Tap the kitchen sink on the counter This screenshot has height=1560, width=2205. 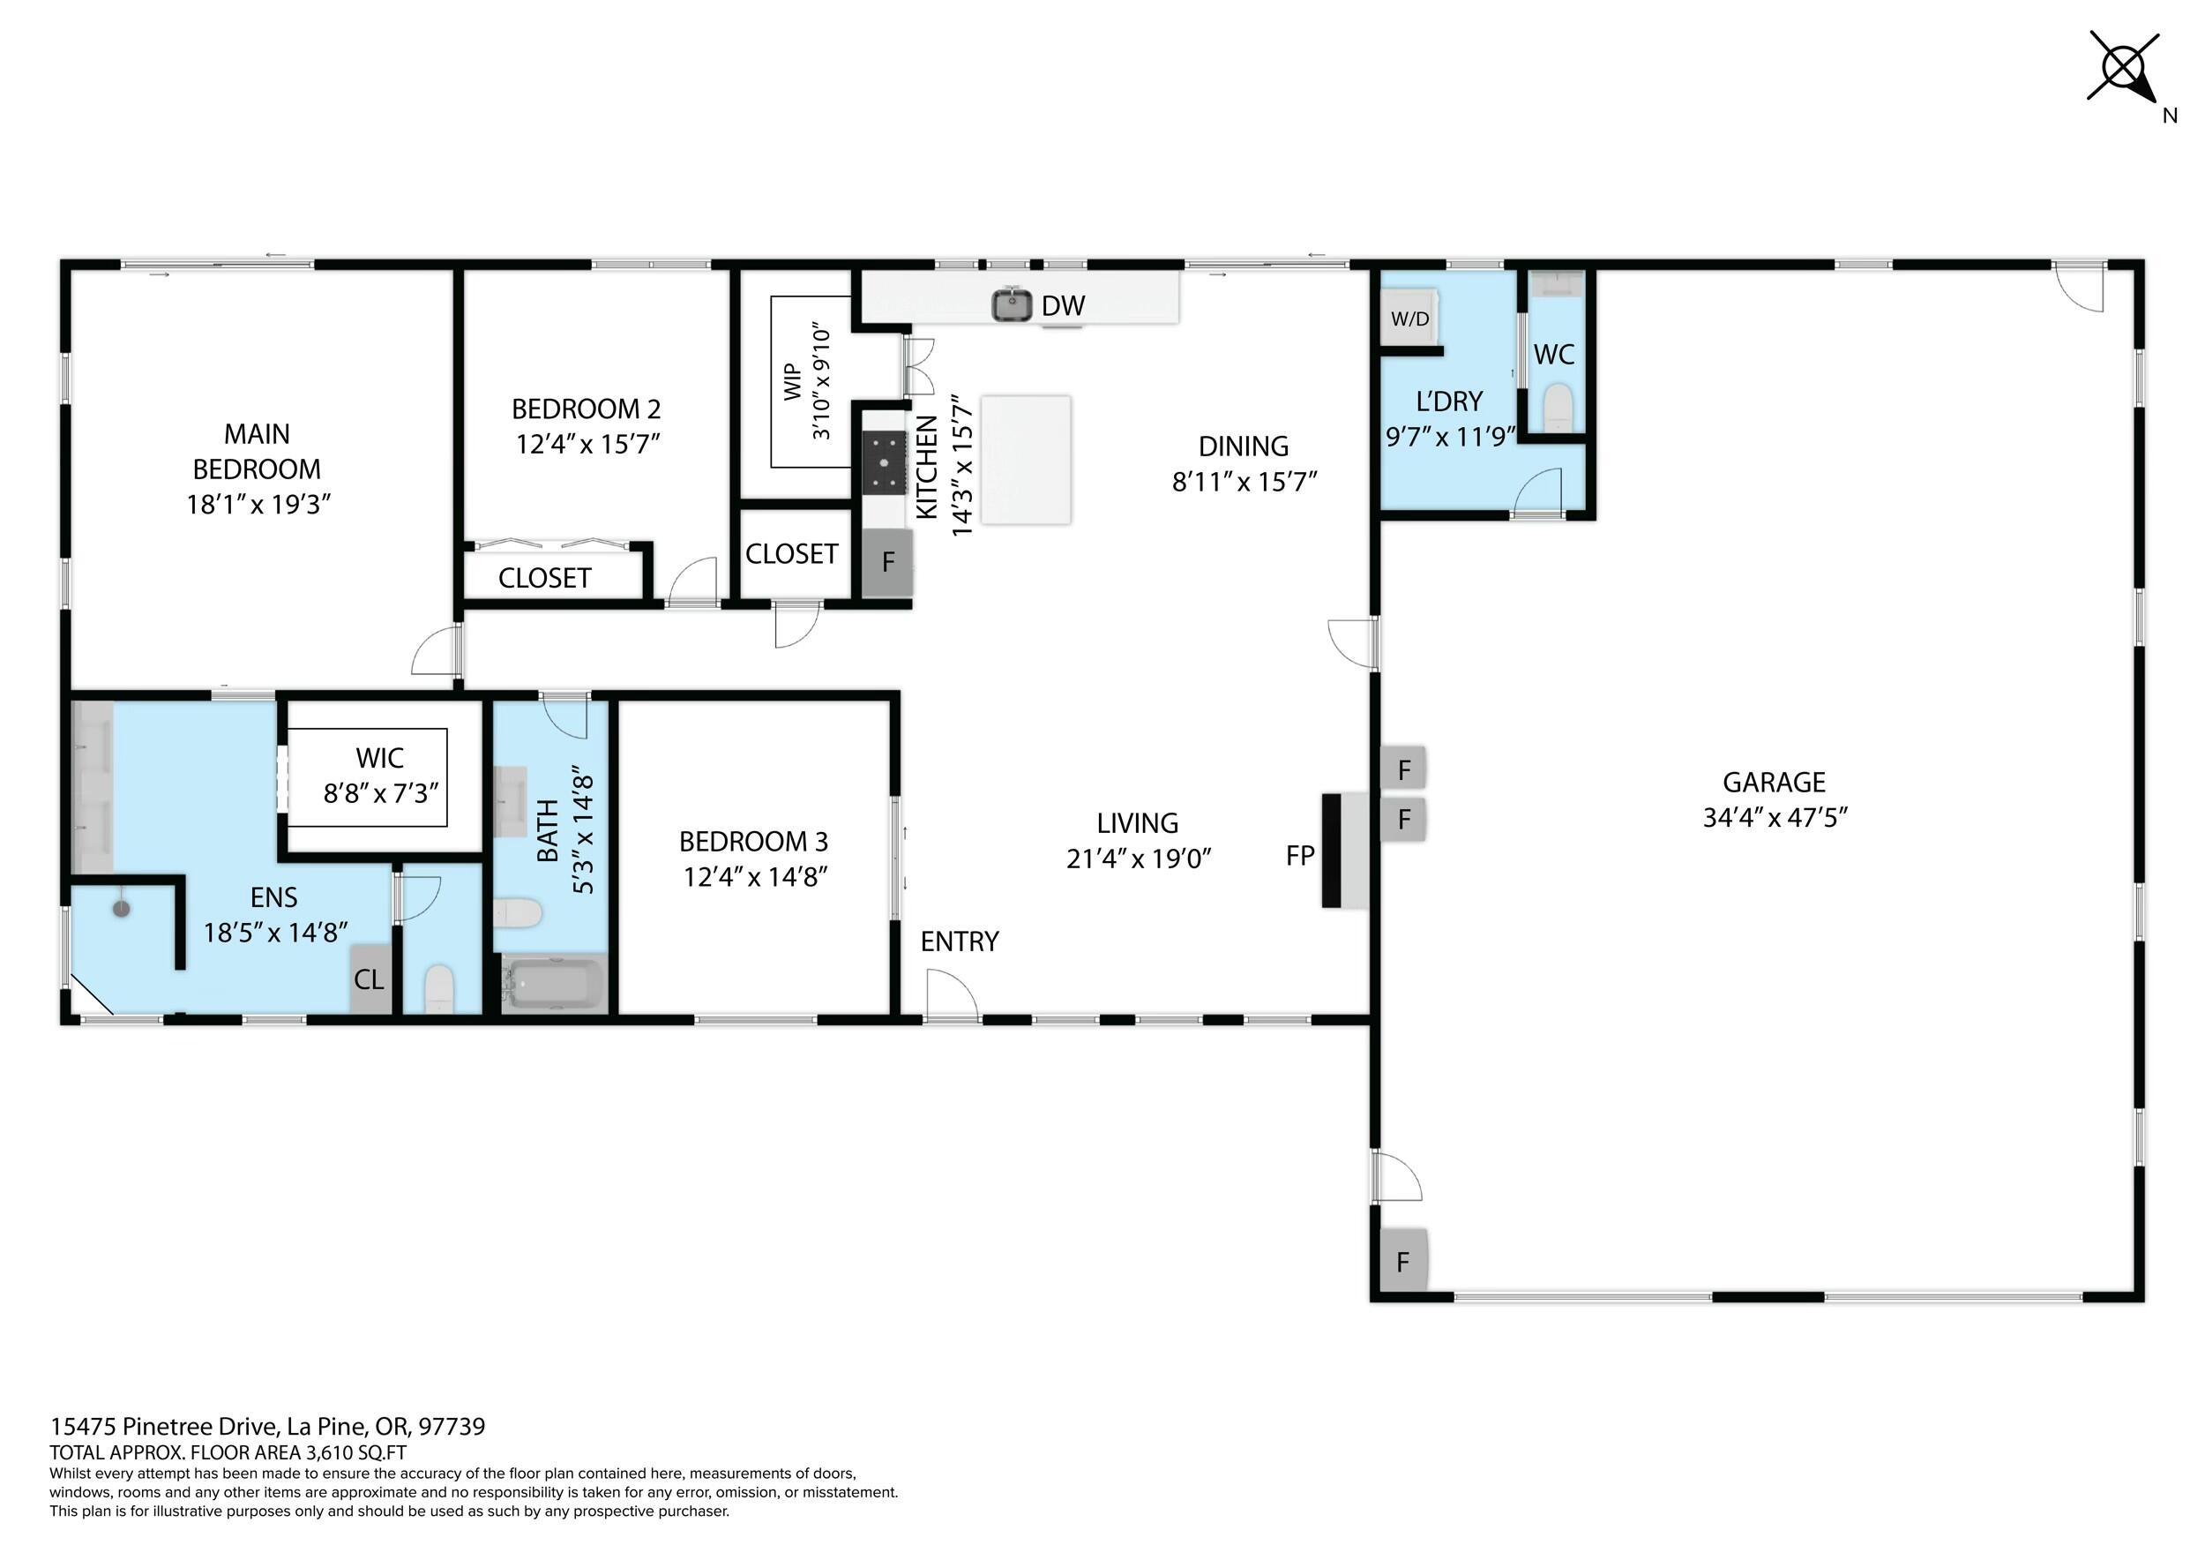[x=1012, y=305]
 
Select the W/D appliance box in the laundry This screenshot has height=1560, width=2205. [x=1409, y=318]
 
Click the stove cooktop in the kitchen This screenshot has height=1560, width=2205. [x=885, y=462]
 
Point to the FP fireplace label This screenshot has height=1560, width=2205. [x=1299, y=855]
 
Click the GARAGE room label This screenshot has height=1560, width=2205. [x=1773, y=782]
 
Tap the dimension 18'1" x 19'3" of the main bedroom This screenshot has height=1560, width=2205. [x=258, y=505]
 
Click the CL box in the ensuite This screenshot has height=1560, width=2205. [x=370, y=979]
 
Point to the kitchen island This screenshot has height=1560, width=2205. [x=1026, y=459]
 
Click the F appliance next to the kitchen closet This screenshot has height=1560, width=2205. [x=887, y=562]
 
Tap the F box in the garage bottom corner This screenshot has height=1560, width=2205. [x=1403, y=1261]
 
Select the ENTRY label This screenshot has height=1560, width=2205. [x=960, y=941]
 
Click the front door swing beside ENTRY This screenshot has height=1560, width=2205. [x=952, y=994]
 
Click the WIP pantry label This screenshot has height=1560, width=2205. [x=792, y=381]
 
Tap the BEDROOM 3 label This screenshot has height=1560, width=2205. [x=753, y=842]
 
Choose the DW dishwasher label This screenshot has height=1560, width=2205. [x=1063, y=305]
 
